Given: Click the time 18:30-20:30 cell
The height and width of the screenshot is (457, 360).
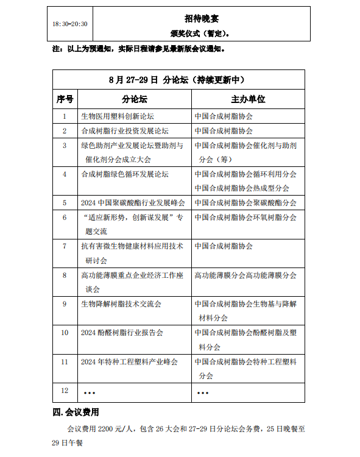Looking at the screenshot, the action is pos(70,24).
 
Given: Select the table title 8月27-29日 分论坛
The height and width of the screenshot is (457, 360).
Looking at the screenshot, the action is pos(178,80).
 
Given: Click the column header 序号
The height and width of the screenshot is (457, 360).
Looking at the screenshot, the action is pos(65,99).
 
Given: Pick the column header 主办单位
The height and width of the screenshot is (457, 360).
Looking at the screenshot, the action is pos(248,99).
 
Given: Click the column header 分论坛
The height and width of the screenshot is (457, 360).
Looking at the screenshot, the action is pos(134,99).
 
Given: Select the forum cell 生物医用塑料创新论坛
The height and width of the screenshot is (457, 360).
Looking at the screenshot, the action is pos(118,116).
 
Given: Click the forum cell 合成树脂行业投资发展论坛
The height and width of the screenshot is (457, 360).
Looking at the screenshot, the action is pos(125,130).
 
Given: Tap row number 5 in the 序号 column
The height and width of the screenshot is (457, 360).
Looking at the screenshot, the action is pos(65,202).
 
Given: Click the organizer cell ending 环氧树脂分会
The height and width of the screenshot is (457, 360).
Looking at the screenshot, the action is pos(245,217).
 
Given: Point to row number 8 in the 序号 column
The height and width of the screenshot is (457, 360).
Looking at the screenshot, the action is pos(65,275).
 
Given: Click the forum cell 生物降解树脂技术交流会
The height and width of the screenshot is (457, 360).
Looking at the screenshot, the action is pos(125,303).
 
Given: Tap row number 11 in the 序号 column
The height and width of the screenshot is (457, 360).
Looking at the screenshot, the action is pos(65,361).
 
